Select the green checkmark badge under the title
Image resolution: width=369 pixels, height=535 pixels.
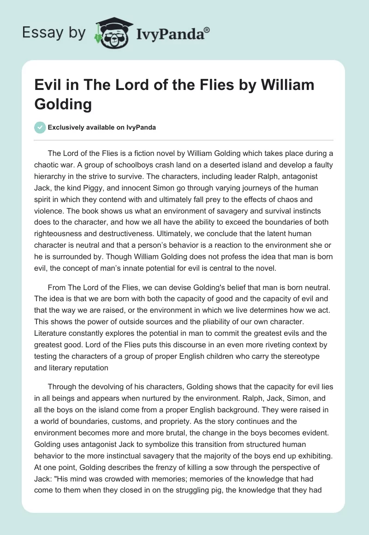click(x=40, y=127)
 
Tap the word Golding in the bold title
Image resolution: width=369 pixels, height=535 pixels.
click(x=63, y=104)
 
